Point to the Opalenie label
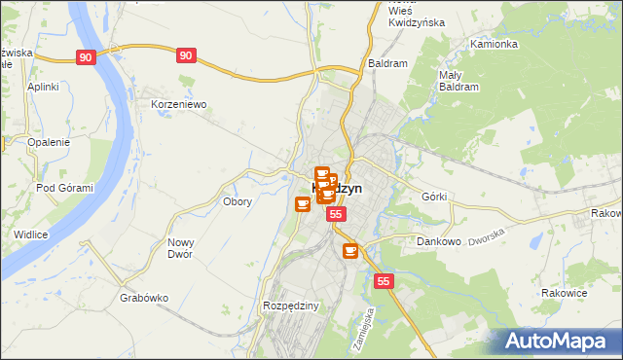pos(49,142)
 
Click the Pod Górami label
pos(64,188)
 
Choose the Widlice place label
pos(31,234)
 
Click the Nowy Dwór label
pos(181,248)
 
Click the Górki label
pos(434,197)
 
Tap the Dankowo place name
pos(438,241)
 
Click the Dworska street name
pos(489,236)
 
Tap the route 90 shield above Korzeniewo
pos(186,56)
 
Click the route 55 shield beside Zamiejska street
pos(384,281)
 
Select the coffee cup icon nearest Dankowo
pos(349,251)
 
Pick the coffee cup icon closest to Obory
pos(303,204)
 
